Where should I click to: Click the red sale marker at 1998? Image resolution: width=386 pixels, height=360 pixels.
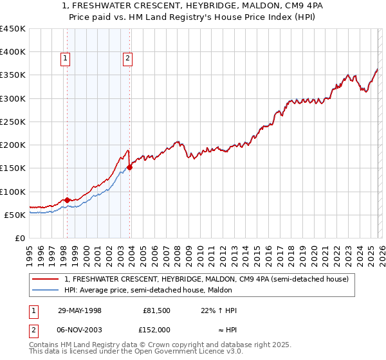pyautogui.click(x=68, y=200)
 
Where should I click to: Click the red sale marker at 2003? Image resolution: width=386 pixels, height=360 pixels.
pyautogui.click(x=129, y=167)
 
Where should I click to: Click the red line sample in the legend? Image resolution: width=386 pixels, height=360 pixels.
pyautogui.click(x=46, y=279)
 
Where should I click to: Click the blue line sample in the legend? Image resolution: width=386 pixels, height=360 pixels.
pyautogui.click(x=46, y=290)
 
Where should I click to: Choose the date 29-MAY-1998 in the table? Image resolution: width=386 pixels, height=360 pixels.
pyautogui.click(x=79, y=310)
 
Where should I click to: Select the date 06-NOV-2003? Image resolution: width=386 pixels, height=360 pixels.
pyautogui.click(x=79, y=329)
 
